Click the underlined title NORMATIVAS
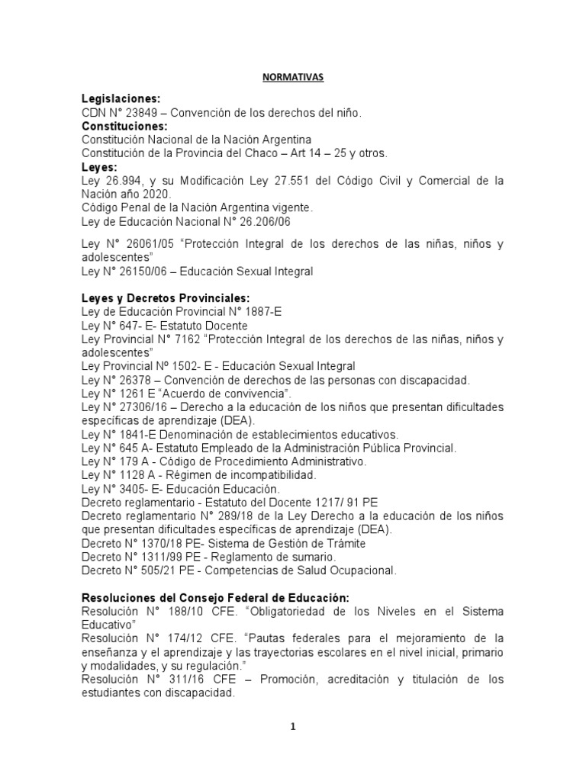293,77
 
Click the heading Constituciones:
124,126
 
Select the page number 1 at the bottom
293,727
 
